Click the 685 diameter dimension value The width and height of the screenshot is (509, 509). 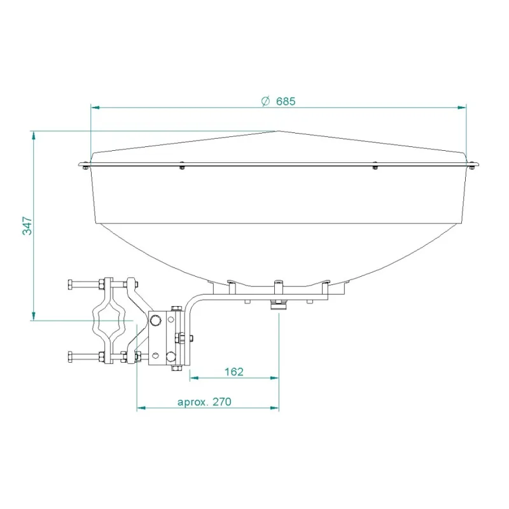286,101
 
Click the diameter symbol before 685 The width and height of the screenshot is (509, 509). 266,101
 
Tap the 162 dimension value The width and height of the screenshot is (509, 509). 234,372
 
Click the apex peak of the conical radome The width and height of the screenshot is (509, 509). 277,131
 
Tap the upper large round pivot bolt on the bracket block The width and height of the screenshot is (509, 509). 155,319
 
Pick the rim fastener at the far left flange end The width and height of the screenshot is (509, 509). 84,167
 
